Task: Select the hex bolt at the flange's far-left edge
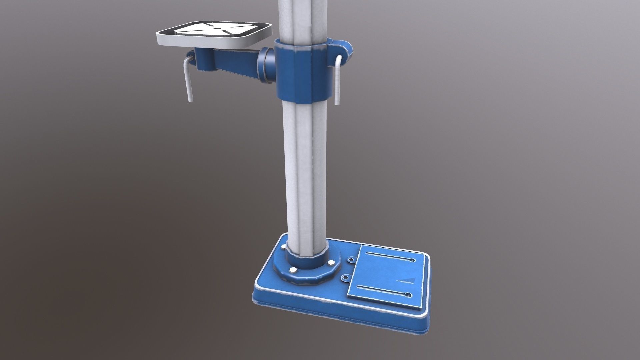[284, 247]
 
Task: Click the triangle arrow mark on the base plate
[407, 271]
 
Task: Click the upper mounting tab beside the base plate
[352, 259]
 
